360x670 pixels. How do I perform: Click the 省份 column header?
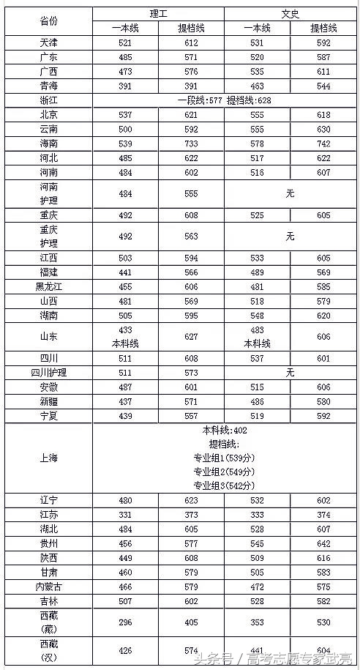coord(48,21)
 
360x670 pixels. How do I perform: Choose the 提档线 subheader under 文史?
coord(323,28)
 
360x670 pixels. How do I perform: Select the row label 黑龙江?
coord(48,286)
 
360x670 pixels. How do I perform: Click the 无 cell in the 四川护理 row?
coord(290,373)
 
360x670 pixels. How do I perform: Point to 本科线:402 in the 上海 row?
coord(224,431)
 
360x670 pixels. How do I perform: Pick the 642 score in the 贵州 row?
coord(323,543)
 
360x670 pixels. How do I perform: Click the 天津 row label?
coord(48,42)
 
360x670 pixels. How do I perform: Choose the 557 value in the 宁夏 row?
coord(191,415)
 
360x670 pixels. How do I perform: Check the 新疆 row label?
coord(48,401)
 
